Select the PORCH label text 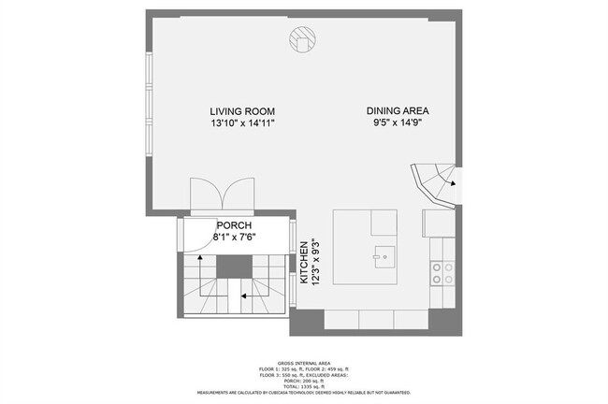(235, 225)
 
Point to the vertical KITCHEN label (304, 263)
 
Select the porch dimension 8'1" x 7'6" (235, 238)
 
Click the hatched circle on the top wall (302, 39)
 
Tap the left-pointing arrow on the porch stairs (243, 296)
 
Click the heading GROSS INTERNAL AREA (303, 362)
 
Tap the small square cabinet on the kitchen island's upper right (384, 223)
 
